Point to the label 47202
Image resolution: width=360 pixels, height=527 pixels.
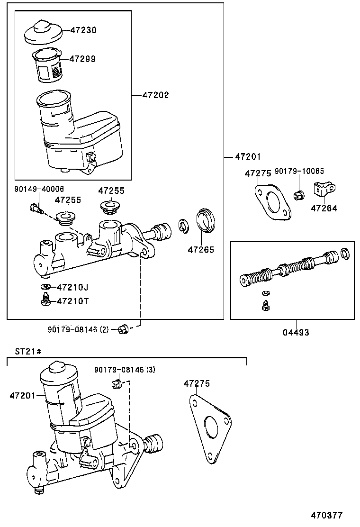[155, 95]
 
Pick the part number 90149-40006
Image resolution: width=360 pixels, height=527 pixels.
[39, 189]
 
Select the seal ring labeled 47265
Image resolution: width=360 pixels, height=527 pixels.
[205, 220]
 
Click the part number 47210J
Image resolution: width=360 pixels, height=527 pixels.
[72, 287]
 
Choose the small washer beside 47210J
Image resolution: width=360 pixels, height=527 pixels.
[46, 287]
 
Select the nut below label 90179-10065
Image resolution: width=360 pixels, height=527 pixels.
[298, 194]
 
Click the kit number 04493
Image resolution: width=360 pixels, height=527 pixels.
[296, 332]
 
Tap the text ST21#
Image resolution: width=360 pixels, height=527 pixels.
[28, 351]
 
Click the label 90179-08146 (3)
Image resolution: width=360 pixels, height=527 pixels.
[125, 369]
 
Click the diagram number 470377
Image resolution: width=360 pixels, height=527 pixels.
[326, 515]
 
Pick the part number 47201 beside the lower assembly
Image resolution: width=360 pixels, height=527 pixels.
[22, 395]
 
